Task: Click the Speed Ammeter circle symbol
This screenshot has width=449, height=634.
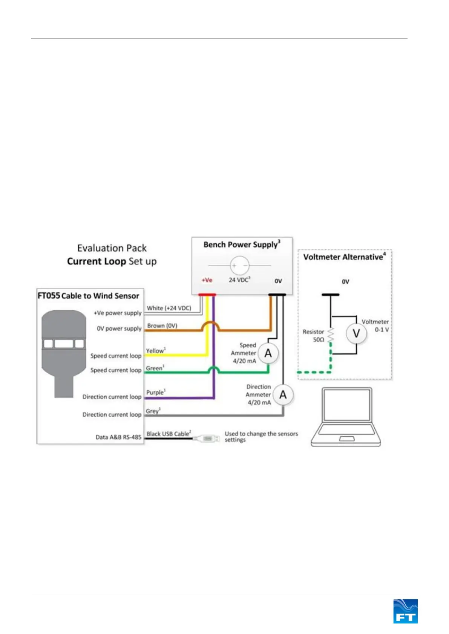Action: coord(268,353)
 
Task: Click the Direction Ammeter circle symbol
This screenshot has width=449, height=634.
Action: coord(283,395)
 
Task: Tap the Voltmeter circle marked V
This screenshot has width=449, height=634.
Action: coord(356,333)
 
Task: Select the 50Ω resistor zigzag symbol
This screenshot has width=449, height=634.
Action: coord(331,335)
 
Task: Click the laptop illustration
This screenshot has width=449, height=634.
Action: coord(346,417)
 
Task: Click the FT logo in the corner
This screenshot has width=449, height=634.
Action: coord(405,611)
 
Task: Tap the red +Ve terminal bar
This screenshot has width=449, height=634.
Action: coord(207,295)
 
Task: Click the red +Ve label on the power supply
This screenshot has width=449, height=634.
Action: coord(207,280)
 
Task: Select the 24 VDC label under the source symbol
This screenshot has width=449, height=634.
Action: coord(239,280)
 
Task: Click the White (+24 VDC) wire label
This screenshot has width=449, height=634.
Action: coord(169,308)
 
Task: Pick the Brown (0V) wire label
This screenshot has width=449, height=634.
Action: coord(162,325)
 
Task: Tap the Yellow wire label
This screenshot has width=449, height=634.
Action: coord(156,351)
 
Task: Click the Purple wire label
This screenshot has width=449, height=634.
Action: coord(156,392)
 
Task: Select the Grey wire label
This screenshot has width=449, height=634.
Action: coord(153,411)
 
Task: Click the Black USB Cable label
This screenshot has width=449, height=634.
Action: coord(169,434)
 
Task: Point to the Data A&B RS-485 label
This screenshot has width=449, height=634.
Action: coord(118,437)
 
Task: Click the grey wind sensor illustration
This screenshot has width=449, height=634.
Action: coord(64,350)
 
